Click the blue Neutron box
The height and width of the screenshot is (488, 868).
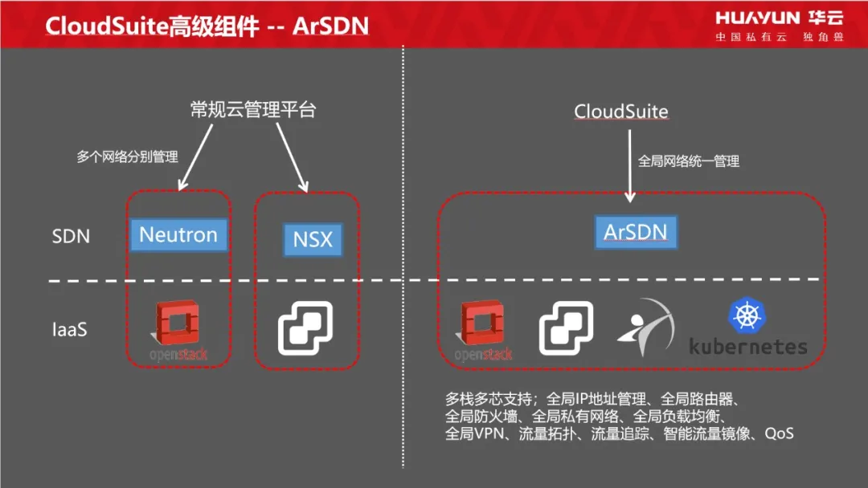coord(178,235)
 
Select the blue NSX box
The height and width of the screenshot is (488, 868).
coord(313,239)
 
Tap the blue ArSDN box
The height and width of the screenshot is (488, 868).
coord(636,232)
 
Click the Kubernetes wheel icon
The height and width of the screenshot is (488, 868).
coord(747,315)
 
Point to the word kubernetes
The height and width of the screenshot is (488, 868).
coord(748,347)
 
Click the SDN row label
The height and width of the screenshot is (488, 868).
coord(71,237)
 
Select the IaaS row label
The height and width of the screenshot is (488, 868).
coord(70,330)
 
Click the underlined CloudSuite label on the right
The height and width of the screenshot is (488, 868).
coord(621,111)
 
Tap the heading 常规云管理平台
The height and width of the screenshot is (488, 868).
coord(253,109)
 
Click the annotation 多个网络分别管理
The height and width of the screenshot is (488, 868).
coord(127,157)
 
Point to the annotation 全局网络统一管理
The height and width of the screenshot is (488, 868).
coord(689,161)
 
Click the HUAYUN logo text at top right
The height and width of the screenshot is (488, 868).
coord(757,18)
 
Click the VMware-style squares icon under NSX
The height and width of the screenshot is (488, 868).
coord(305,327)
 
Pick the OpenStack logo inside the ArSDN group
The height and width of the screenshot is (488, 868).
coord(483,331)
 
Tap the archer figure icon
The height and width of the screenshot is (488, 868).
coord(645,327)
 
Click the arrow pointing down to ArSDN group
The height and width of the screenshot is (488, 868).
coord(629,166)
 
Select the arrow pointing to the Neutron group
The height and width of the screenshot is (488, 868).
coord(194,157)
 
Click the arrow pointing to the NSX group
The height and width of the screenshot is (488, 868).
coord(293,157)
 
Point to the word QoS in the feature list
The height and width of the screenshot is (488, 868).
coord(779,433)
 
